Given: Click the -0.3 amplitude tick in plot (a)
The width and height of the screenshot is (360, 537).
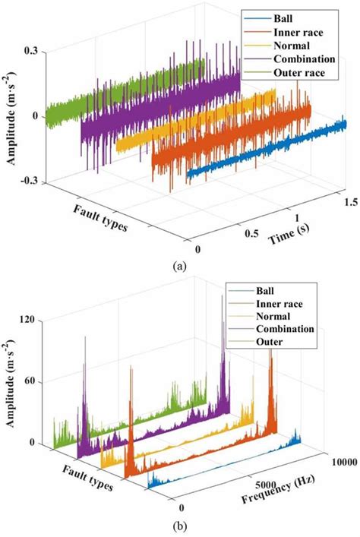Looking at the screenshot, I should pyautogui.click(x=31, y=182).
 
